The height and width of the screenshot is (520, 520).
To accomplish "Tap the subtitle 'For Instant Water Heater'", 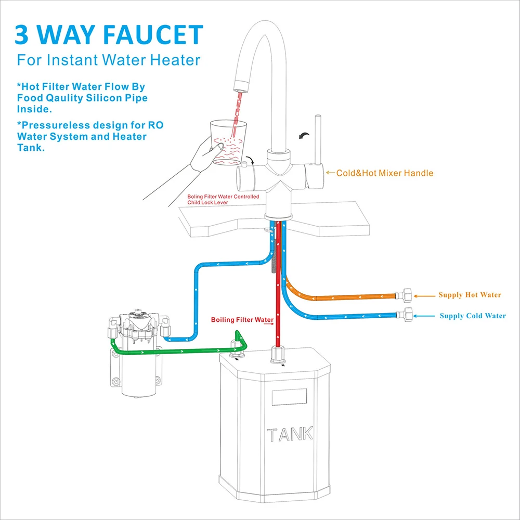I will (x=108, y=60).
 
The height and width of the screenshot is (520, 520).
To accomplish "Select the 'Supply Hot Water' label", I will (x=470, y=295).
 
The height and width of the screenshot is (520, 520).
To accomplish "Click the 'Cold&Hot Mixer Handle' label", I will (x=384, y=173).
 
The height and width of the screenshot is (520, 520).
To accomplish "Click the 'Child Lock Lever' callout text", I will (x=208, y=202).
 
